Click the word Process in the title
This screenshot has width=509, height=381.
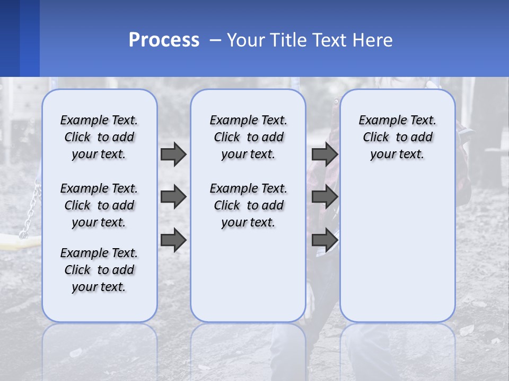(164, 40)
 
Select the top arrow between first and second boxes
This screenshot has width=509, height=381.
(173, 154)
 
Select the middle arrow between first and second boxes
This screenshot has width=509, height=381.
(173, 197)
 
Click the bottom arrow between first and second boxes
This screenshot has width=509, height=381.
(173, 241)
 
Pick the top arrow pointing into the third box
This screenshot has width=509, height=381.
(324, 154)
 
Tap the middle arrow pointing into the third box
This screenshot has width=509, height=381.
(324, 197)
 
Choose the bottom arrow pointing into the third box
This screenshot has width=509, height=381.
(324, 241)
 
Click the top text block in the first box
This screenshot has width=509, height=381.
(99, 137)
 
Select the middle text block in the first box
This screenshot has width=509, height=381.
(99, 205)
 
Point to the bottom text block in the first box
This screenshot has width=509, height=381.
(99, 270)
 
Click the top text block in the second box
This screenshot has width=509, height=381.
(248, 137)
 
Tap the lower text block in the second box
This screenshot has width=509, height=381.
(248, 205)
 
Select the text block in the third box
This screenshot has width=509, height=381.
(398, 137)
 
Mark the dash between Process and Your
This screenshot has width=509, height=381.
(215, 41)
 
